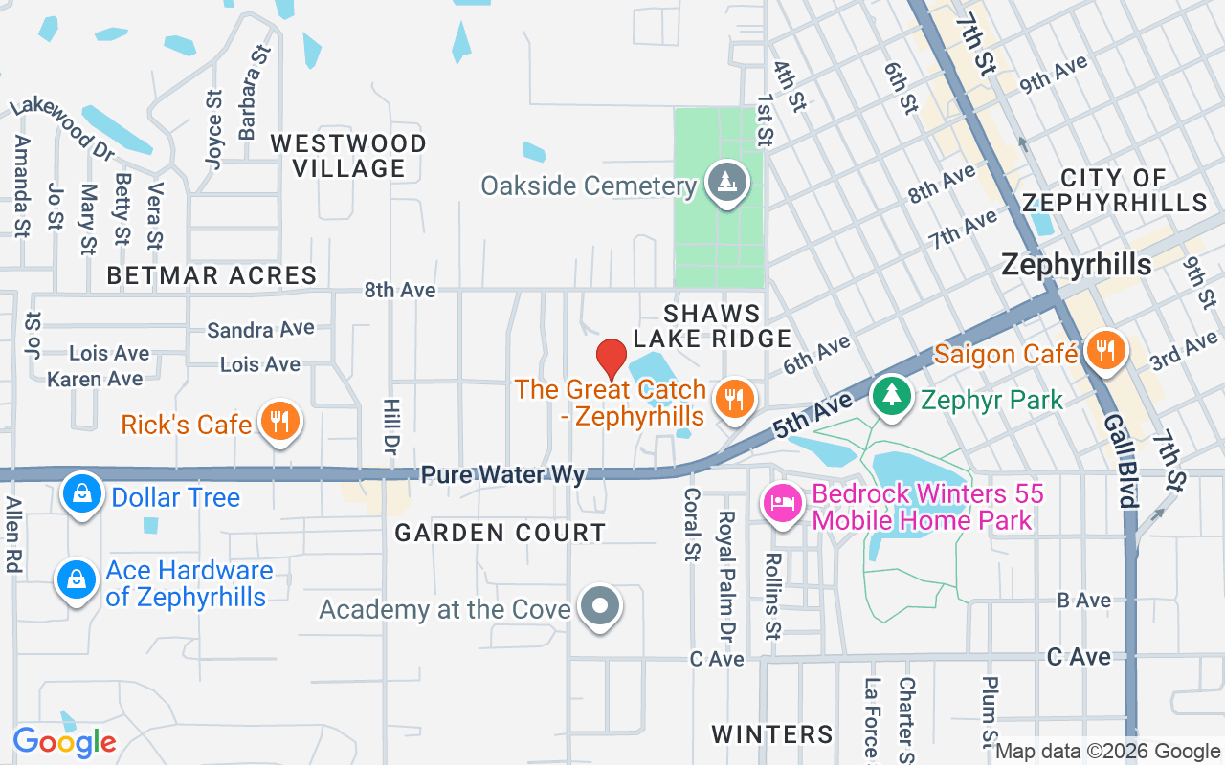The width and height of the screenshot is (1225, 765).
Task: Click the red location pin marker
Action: [x=612, y=359]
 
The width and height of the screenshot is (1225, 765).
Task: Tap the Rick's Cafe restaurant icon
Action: [x=278, y=421]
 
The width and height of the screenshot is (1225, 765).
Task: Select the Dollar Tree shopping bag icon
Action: [x=83, y=494]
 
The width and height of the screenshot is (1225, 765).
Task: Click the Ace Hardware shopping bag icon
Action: [x=76, y=579]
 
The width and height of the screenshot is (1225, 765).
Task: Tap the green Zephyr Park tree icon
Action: [x=892, y=395]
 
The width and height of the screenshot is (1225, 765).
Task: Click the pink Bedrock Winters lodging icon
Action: [x=783, y=504]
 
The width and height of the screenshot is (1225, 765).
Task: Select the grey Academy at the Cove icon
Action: [x=601, y=606]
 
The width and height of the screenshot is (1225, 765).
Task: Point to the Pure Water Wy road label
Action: [x=502, y=474]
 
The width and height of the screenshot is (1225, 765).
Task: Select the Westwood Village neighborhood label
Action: [x=348, y=156]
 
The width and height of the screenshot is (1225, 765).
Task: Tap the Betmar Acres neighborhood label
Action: [x=212, y=275]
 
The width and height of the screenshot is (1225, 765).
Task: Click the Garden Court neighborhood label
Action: [x=501, y=533]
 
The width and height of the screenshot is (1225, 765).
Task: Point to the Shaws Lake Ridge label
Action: [x=713, y=326]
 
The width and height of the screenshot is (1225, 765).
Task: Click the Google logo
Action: [x=64, y=741]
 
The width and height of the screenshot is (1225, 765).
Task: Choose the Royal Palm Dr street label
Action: [x=726, y=574]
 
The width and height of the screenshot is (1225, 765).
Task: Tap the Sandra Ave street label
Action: [x=260, y=330]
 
